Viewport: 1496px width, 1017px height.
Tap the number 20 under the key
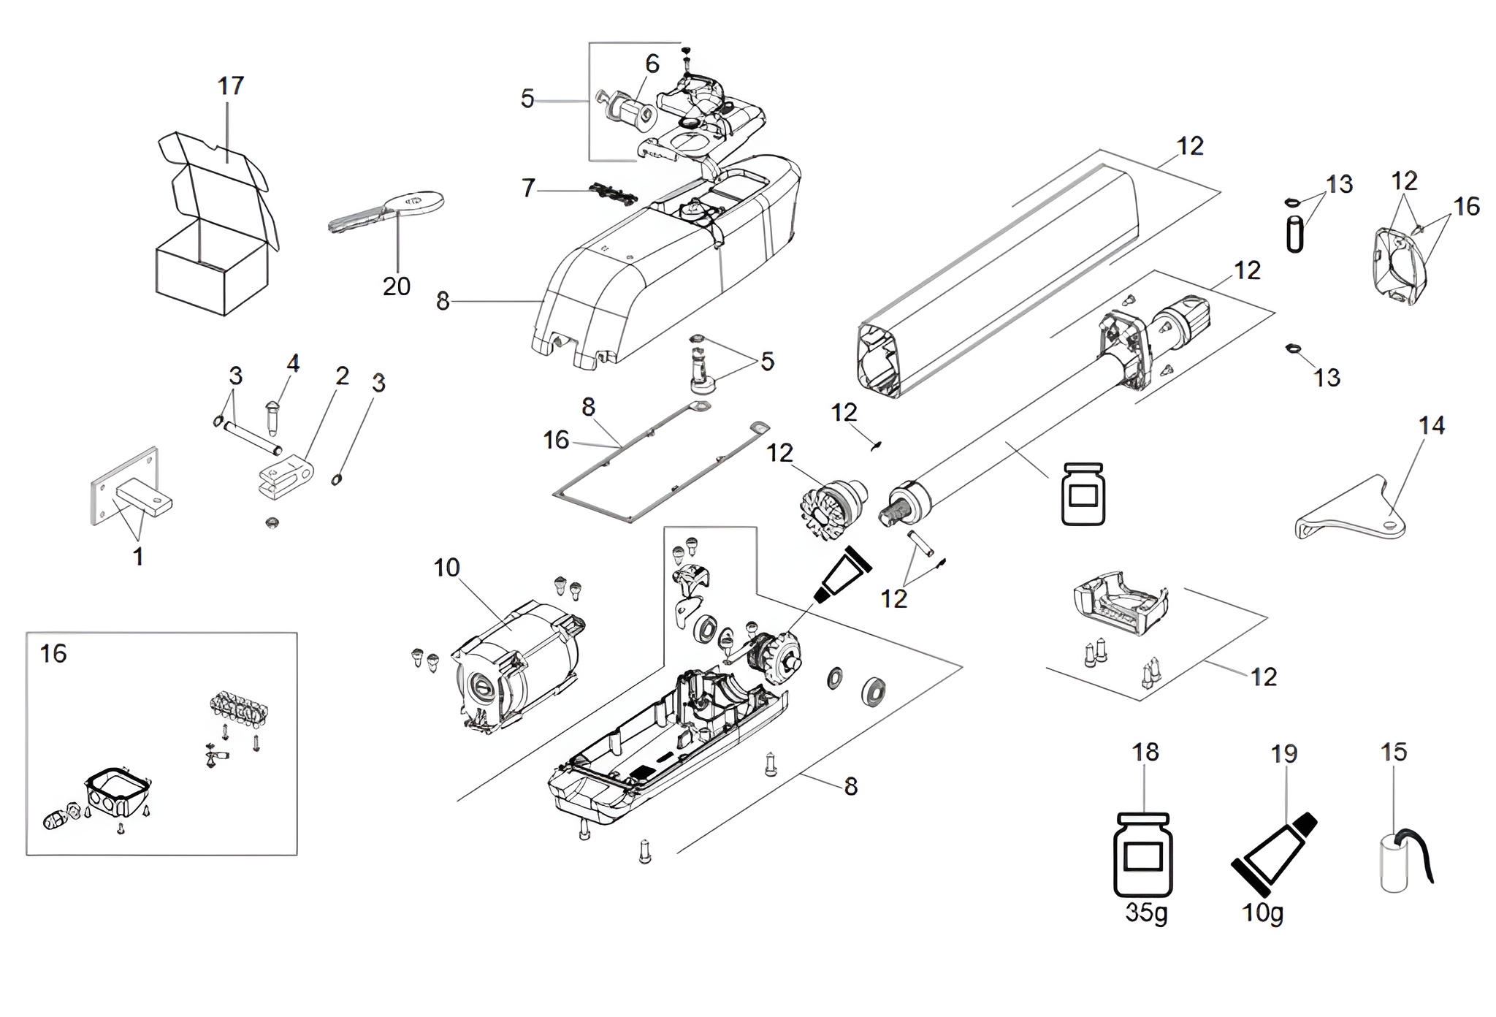pos(397,286)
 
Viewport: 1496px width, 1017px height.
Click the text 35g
pos(1147,914)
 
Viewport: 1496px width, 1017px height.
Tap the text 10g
pos(1263,913)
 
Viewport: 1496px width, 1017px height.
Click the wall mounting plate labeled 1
pos(131,487)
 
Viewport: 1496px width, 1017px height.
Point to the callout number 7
pos(529,188)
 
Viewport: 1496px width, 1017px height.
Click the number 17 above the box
pos(231,86)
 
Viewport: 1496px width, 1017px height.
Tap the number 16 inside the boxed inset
pos(53,653)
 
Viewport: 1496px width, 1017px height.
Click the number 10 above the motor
pos(447,568)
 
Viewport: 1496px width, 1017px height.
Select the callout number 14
pos(1432,425)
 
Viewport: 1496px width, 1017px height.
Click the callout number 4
pos(293,364)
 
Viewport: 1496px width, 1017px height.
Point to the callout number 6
pos(652,64)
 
